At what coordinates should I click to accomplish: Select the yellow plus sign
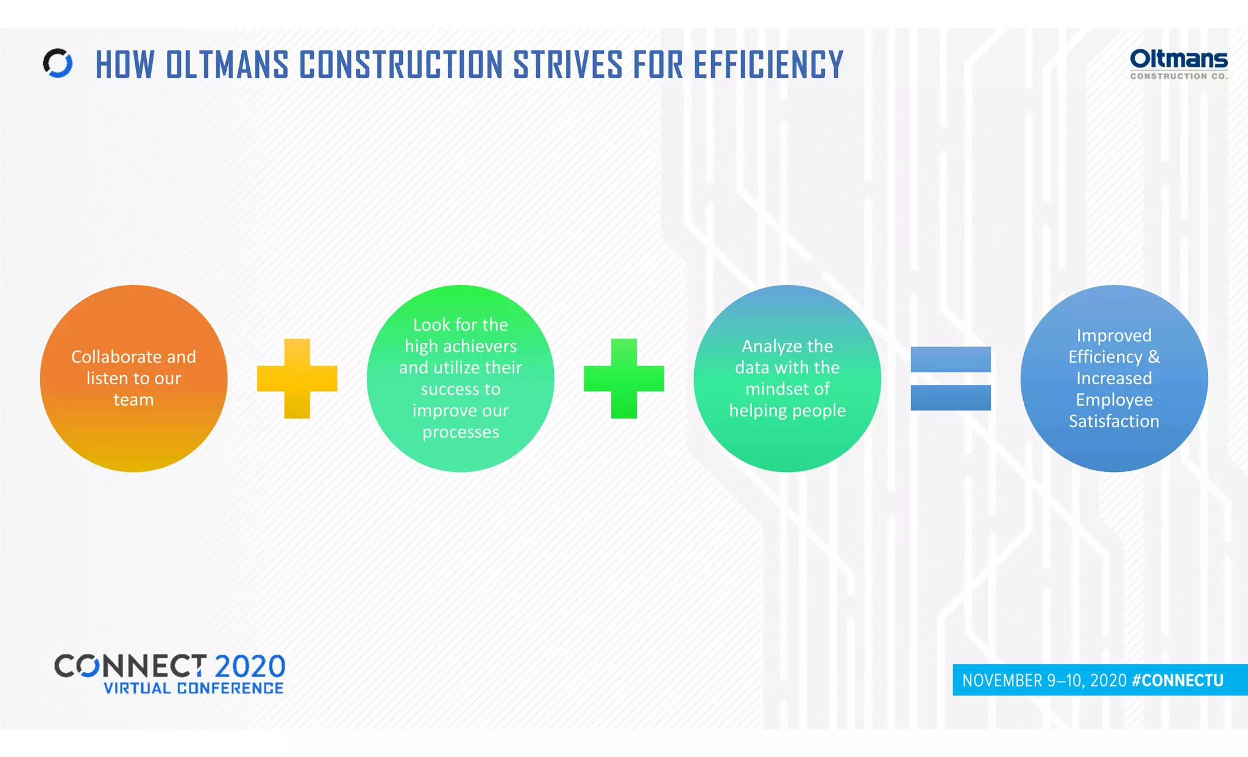pos(297,378)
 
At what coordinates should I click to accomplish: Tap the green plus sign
pos(623,378)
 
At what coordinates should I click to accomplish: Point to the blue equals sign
pos(950,378)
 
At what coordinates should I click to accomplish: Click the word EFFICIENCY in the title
pos(768,65)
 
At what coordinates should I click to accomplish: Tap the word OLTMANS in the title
pos(227,65)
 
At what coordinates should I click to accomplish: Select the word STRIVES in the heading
pos(568,65)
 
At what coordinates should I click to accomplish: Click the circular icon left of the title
pos(58,63)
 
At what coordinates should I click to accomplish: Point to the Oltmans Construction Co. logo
pos(1179,64)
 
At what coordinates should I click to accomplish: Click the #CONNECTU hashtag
pos(1177,680)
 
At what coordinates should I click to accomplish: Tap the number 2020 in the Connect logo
pos(250,666)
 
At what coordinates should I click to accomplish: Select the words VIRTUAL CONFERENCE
pos(193,688)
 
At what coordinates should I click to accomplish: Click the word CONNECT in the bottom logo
pos(130,666)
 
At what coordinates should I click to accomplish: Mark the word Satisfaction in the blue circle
pos(1114,421)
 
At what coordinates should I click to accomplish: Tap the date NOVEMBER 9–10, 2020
pos(1044,680)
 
